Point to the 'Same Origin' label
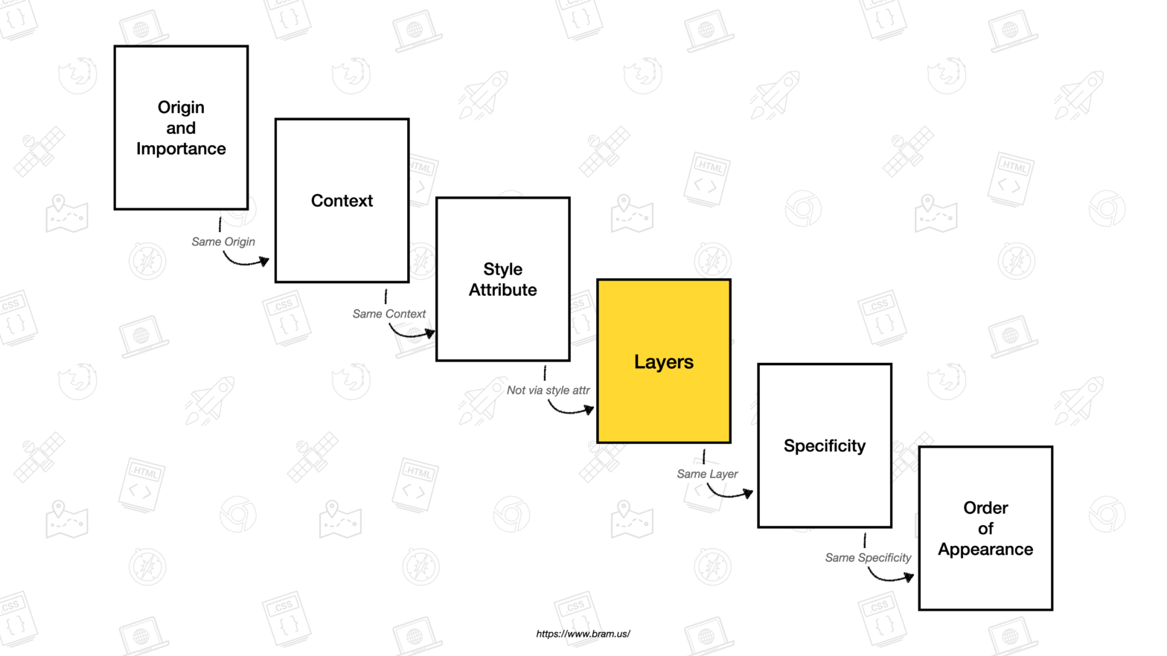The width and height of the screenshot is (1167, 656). (x=223, y=242)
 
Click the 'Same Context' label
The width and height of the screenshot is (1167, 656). (x=389, y=314)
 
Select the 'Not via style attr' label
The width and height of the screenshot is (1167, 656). (x=548, y=390)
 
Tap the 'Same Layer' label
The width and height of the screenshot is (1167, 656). (x=707, y=474)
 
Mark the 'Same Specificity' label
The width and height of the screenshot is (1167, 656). (x=868, y=558)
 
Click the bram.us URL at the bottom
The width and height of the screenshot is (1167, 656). (x=583, y=634)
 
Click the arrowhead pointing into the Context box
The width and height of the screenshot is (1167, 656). (x=263, y=261)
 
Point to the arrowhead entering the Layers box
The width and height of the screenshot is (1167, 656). (x=589, y=409)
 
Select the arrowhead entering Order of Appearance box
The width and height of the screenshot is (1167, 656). (x=909, y=576)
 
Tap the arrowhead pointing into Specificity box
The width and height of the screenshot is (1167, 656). (x=748, y=492)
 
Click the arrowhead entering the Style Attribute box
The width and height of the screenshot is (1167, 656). (x=429, y=333)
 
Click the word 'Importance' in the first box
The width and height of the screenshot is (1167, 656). (x=181, y=149)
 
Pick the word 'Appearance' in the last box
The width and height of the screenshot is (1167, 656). (x=985, y=550)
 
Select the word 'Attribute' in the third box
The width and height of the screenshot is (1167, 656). (x=502, y=290)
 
